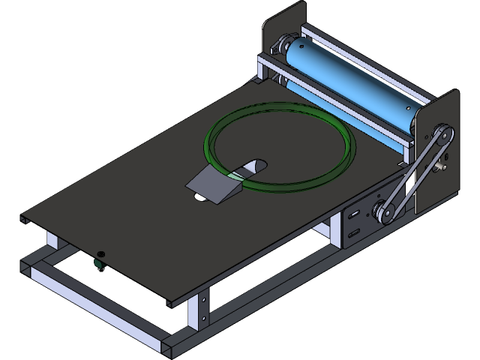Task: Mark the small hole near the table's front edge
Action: (x=102, y=253)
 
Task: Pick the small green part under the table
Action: (x=97, y=263)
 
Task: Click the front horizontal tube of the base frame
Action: (x=97, y=300)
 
